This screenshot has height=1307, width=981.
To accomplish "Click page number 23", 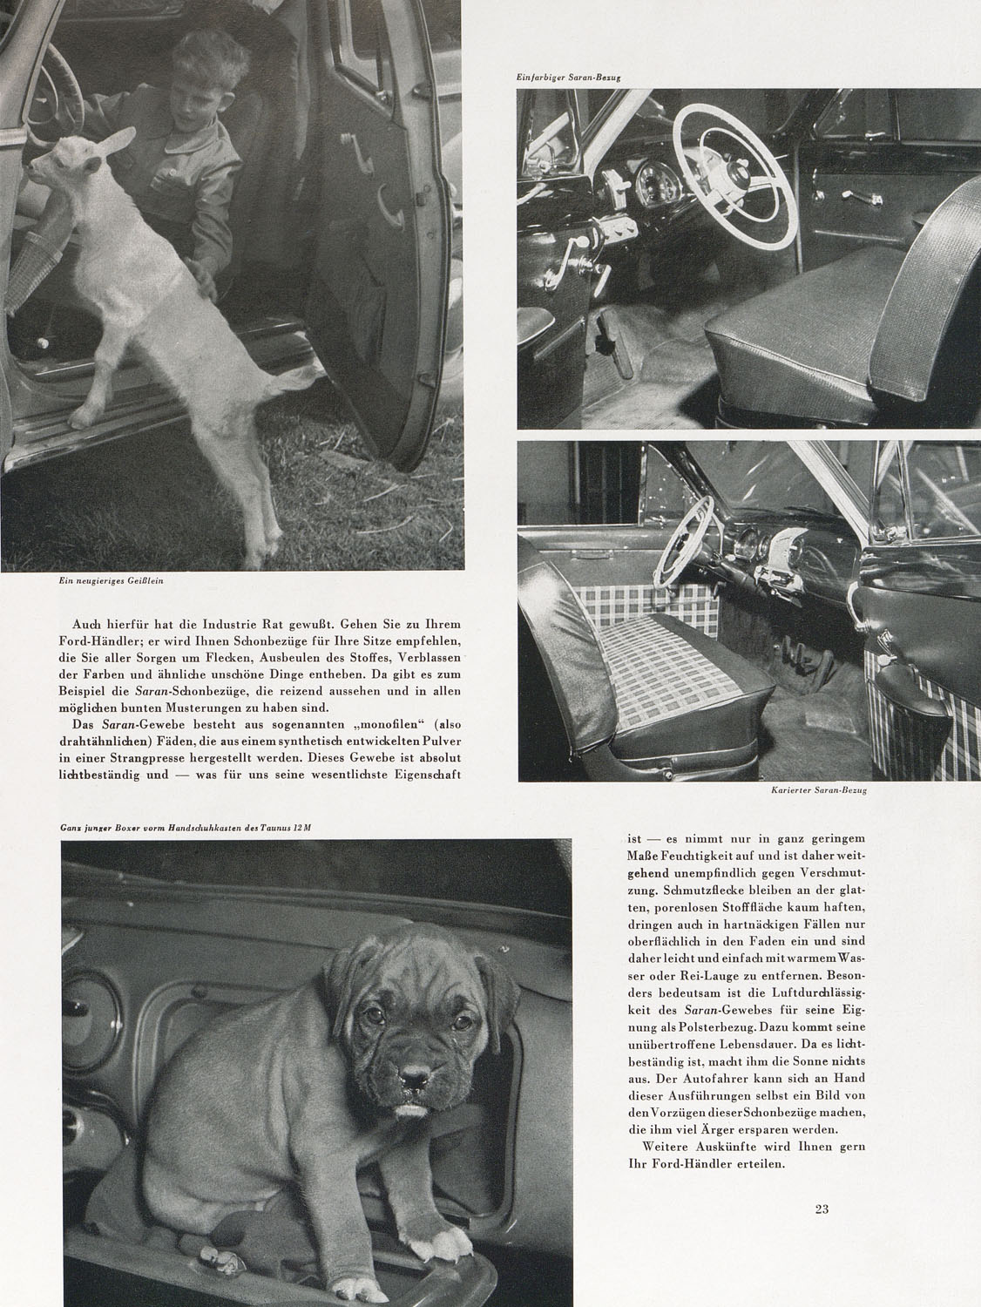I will click(x=821, y=1209).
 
